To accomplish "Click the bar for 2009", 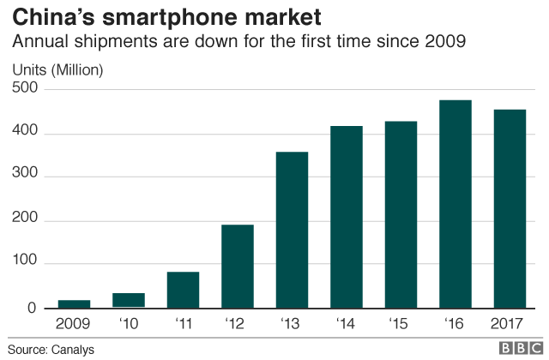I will coord(74,303).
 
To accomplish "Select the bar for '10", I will coord(129,300).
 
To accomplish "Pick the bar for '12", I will coord(238,266).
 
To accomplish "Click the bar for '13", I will coord(292,230).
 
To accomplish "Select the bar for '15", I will coord(401,214).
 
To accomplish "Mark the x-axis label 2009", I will coord(74,324).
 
